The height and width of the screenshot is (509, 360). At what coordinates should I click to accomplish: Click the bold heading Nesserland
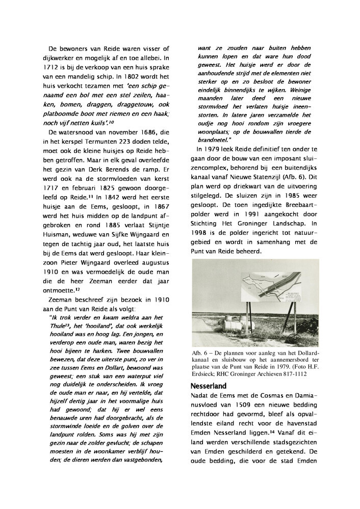click(x=209, y=386)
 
